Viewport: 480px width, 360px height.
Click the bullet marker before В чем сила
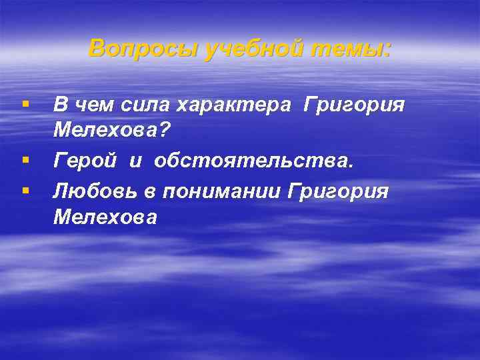pyautogui.click(x=25, y=105)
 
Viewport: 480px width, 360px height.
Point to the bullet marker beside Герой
pyautogui.click(x=25, y=161)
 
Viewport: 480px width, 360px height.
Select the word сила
pyautogui.click(x=139, y=105)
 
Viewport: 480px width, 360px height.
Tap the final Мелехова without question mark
pyautogui.click(x=105, y=218)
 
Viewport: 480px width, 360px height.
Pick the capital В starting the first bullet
pyautogui.click(x=60, y=105)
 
